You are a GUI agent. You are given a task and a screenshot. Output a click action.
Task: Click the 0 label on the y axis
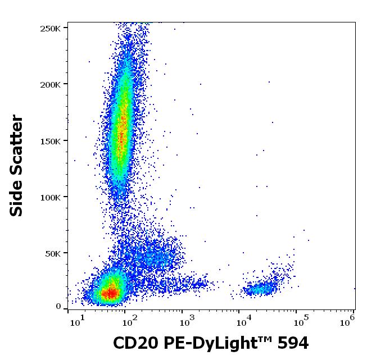coord(58,307)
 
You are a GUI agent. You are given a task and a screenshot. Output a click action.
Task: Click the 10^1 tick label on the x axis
coord(77,321)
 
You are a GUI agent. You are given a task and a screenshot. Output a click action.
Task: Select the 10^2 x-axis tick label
coord(130,321)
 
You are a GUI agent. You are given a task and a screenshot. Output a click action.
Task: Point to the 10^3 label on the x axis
coord(188,321)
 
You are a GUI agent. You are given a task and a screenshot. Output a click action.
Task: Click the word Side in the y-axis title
coord(17,197)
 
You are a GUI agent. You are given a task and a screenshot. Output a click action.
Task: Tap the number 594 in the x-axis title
coord(291,343)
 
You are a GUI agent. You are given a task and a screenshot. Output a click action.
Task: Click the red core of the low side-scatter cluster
coord(111,292)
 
